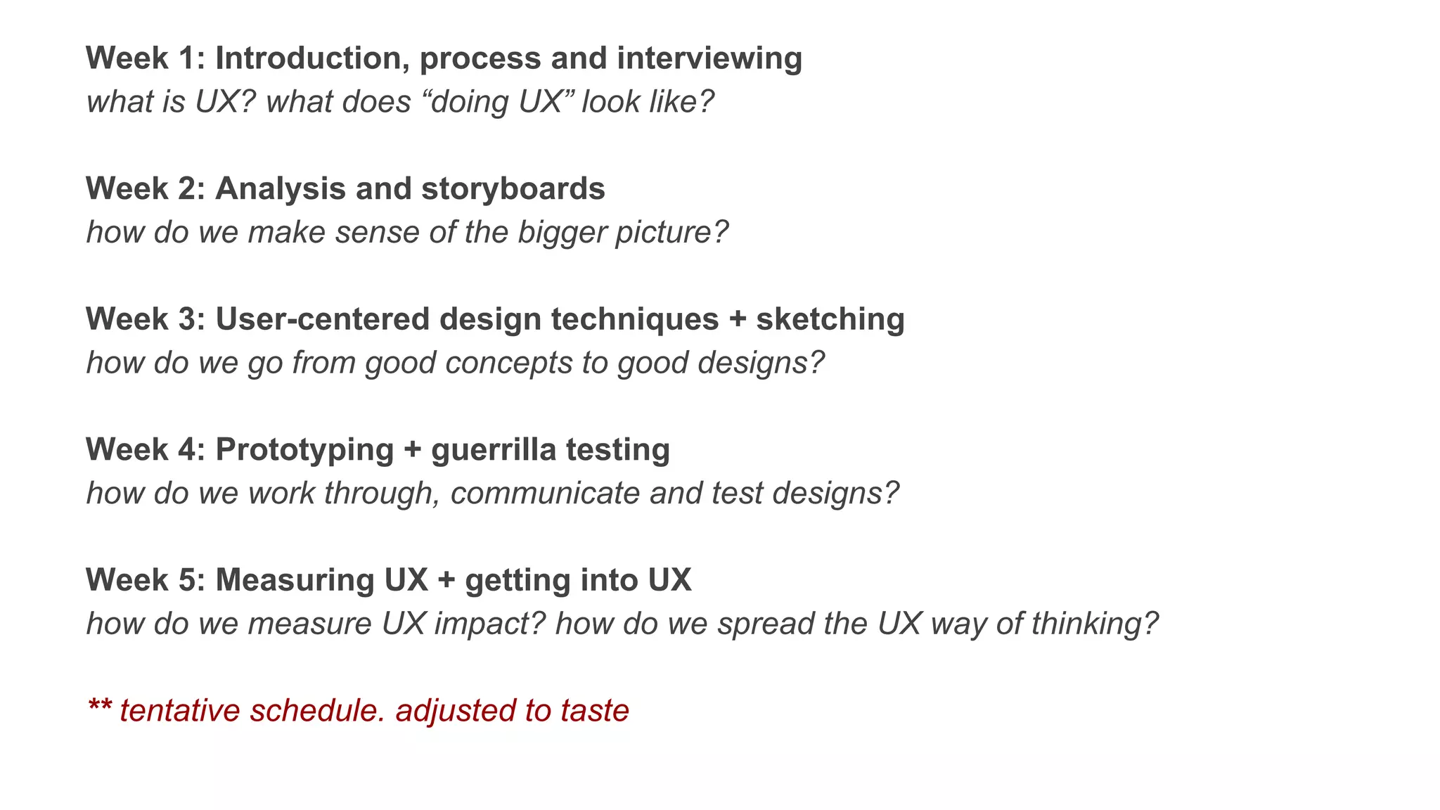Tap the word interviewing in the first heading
(x=709, y=58)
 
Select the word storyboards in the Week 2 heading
(x=513, y=188)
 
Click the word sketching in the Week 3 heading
(x=830, y=319)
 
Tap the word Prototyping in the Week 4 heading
(x=304, y=449)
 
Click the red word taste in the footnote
(x=595, y=710)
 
